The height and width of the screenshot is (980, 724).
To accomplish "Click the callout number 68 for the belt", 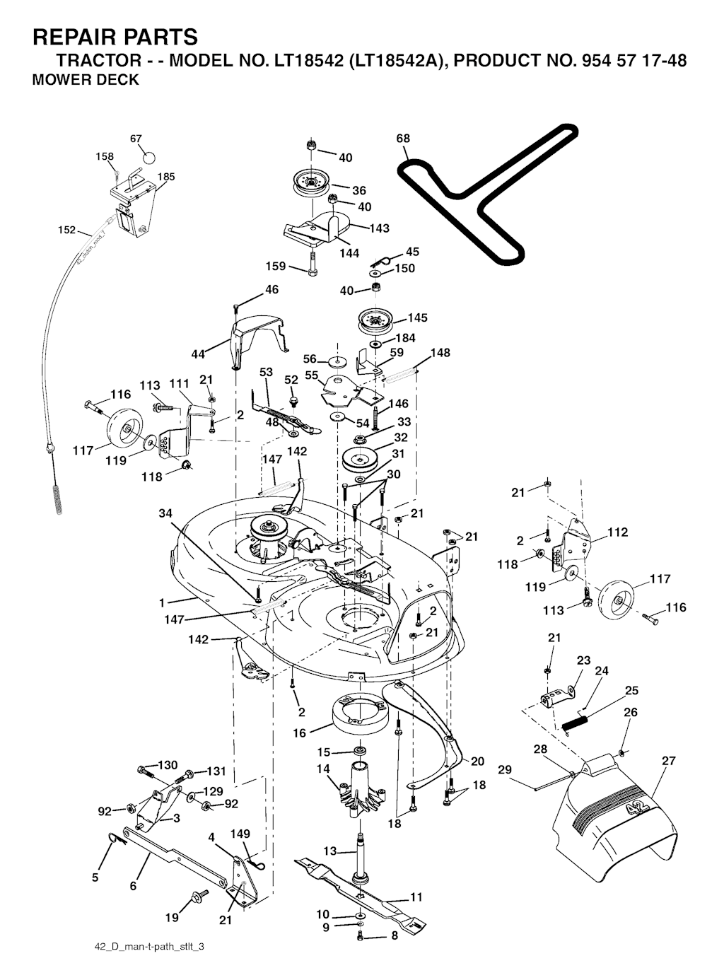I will pyautogui.click(x=403, y=139).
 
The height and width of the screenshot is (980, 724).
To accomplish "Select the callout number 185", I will pyautogui.click(x=166, y=177).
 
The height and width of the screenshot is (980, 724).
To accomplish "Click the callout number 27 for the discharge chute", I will pyautogui.click(x=668, y=761).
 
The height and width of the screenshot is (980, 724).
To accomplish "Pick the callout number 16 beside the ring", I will pyautogui.click(x=300, y=733).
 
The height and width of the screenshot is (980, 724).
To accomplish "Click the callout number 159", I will pyautogui.click(x=276, y=267).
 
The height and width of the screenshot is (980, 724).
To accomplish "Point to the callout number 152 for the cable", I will pyautogui.click(x=66, y=230).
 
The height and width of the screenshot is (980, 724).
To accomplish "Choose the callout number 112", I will pyautogui.click(x=617, y=532).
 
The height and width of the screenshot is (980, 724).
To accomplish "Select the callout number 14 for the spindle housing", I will pyautogui.click(x=323, y=769).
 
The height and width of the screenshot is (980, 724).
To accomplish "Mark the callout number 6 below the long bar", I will pyautogui.click(x=133, y=885).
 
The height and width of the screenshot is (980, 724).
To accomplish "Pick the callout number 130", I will pyautogui.click(x=168, y=765).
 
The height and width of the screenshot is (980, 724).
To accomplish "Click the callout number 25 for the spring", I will pyautogui.click(x=631, y=691).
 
